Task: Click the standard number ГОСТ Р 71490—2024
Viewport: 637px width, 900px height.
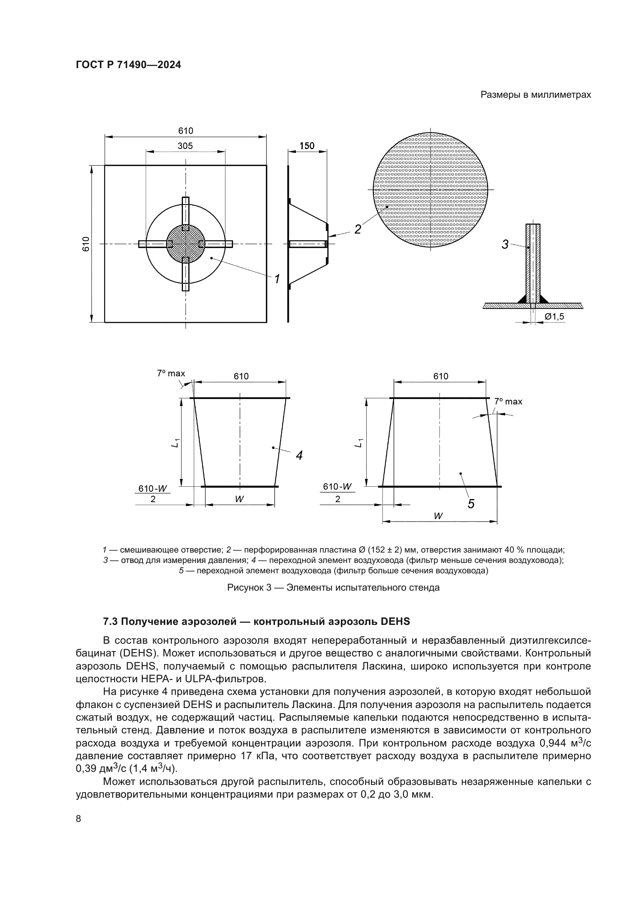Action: click(x=128, y=65)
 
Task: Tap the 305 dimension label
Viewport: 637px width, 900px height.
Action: click(x=185, y=146)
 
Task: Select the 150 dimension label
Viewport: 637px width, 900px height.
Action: click(x=307, y=146)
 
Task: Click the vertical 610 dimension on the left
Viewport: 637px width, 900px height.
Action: click(x=86, y=244)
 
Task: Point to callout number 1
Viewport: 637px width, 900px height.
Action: click(x=277, y=279)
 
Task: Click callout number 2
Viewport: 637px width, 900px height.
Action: click(x=357, y=229)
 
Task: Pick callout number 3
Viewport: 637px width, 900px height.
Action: click(x=505, y=245)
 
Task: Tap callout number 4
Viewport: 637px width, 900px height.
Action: click(x=299, y=456)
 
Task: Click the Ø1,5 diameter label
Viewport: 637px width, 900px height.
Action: click(x=554, y=316)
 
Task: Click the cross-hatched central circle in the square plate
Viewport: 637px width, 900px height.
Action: click(x=186, y=244)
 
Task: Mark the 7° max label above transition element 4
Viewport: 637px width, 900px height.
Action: click(x=171, y=374)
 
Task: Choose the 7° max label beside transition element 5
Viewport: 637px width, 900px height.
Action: click(x=508, y=401)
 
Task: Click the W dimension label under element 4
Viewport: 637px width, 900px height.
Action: click(x=239, y=499)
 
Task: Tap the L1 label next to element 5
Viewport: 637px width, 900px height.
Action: click(x=359, y=442)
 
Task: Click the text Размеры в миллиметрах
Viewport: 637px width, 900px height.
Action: click(x=536, y=95)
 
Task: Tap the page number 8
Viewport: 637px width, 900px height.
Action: click(x=79, y=818)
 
